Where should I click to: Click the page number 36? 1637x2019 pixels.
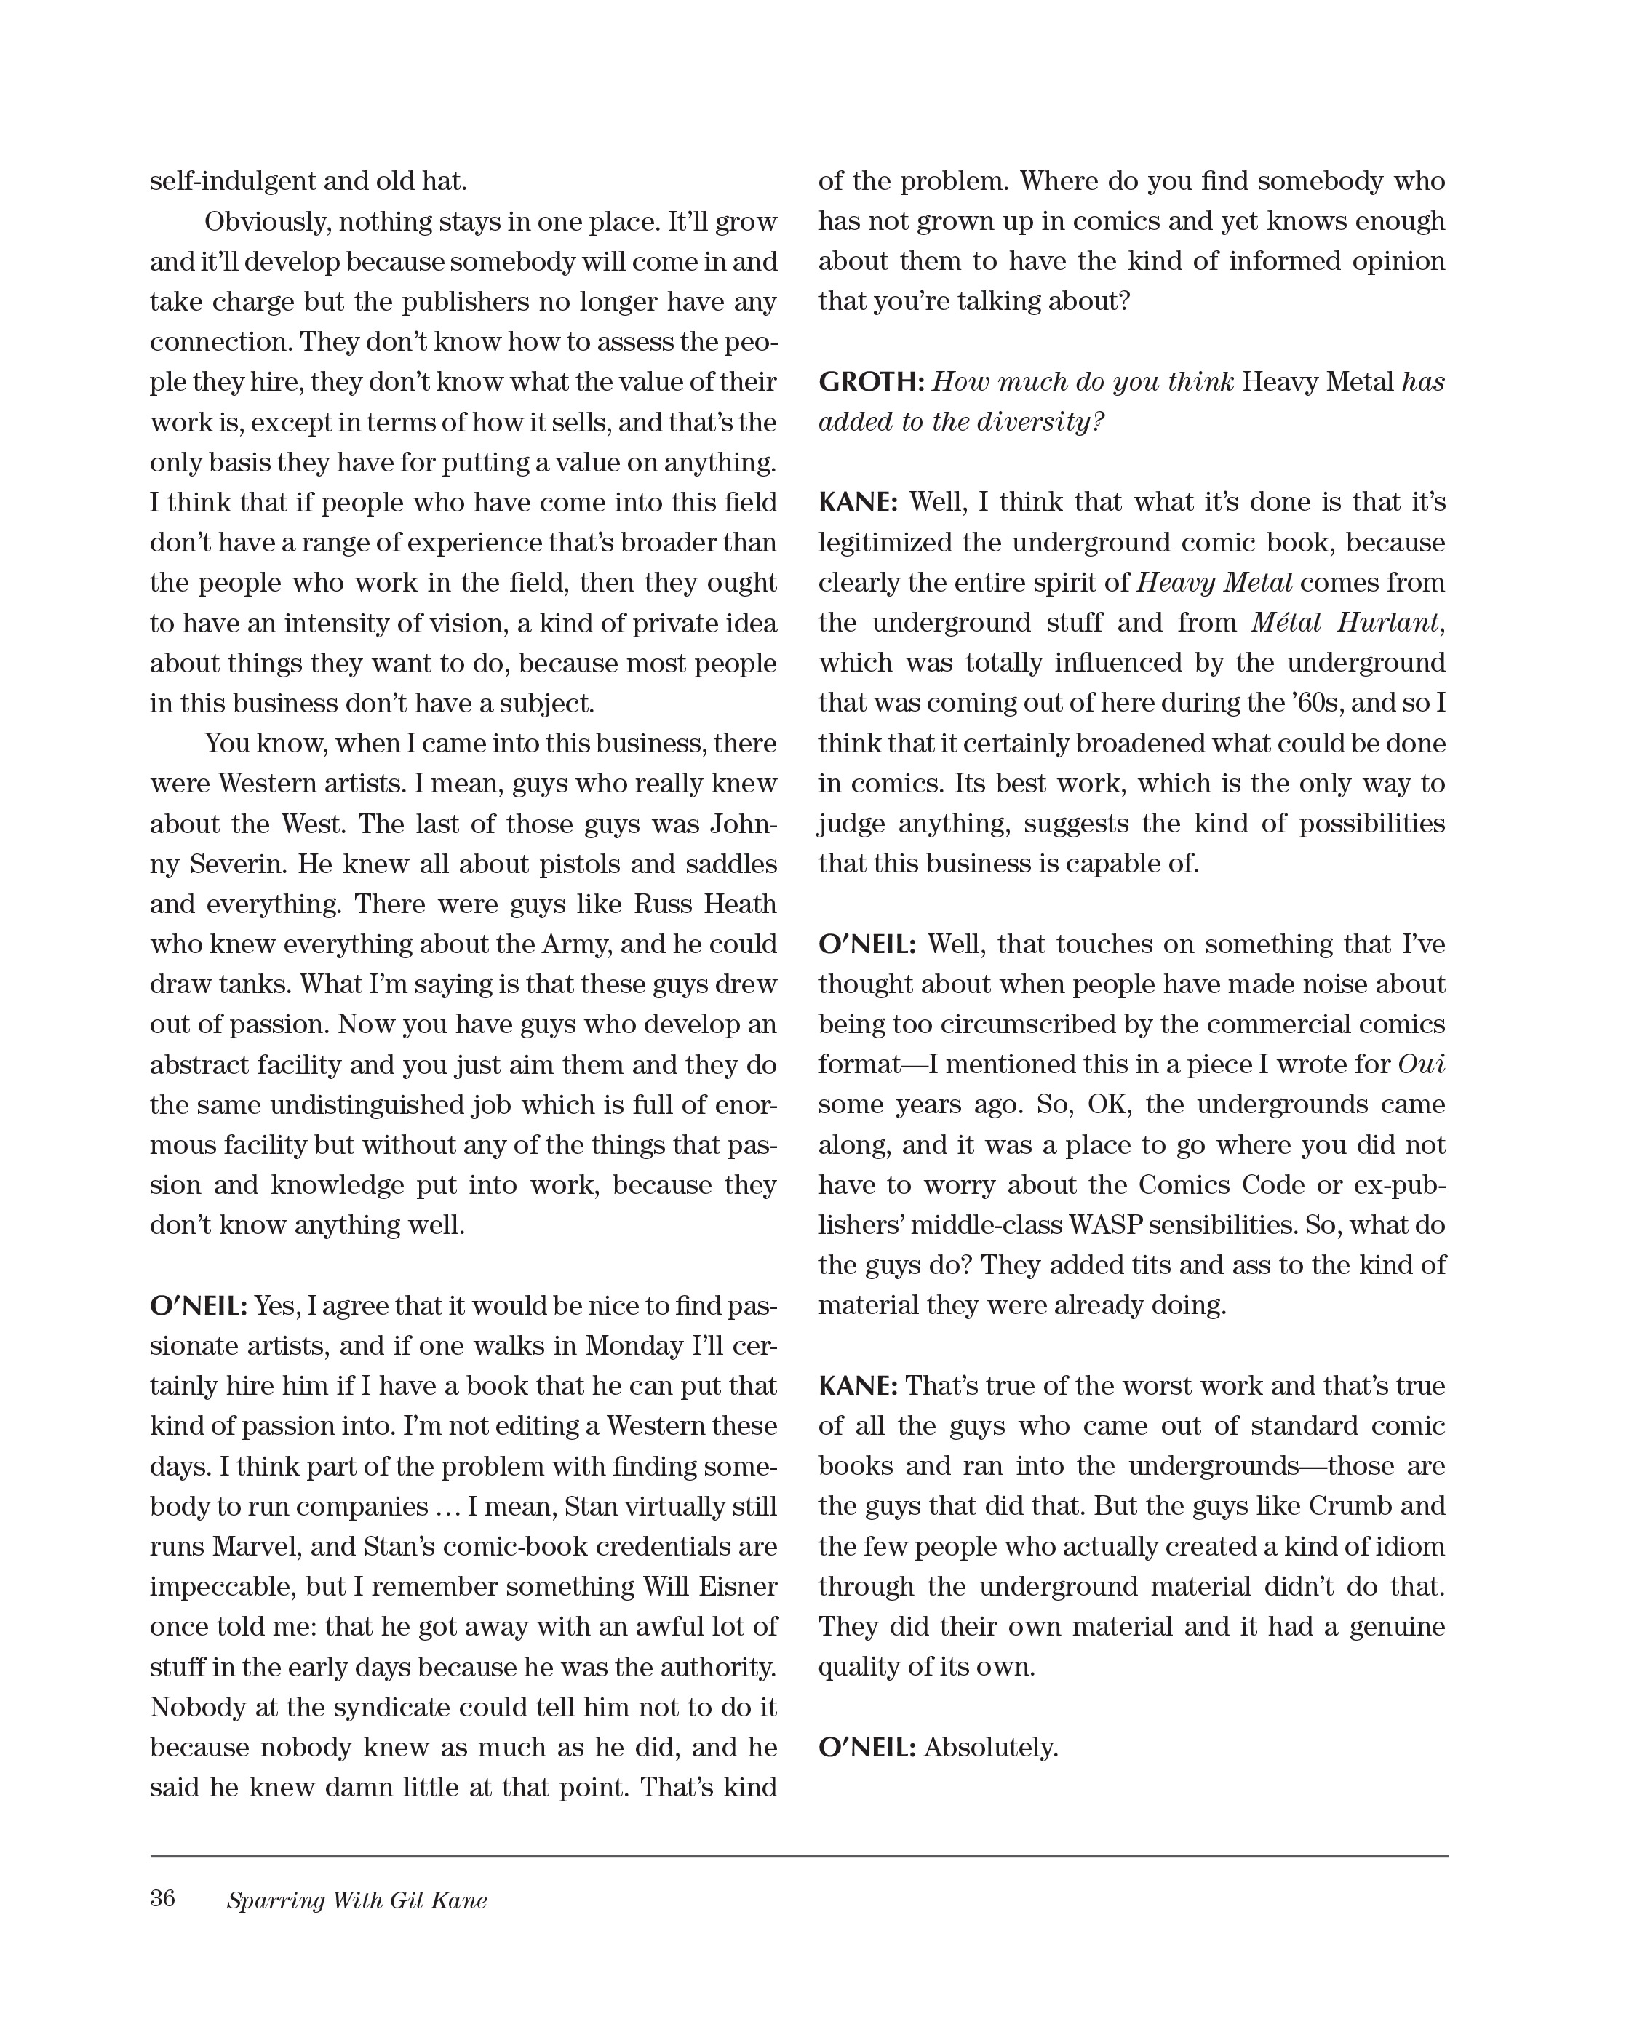click(x=162, y=1897)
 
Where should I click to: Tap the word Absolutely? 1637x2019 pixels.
click(x=990, y=1748)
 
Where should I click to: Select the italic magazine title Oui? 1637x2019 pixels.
click(x=1421, y=1064)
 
